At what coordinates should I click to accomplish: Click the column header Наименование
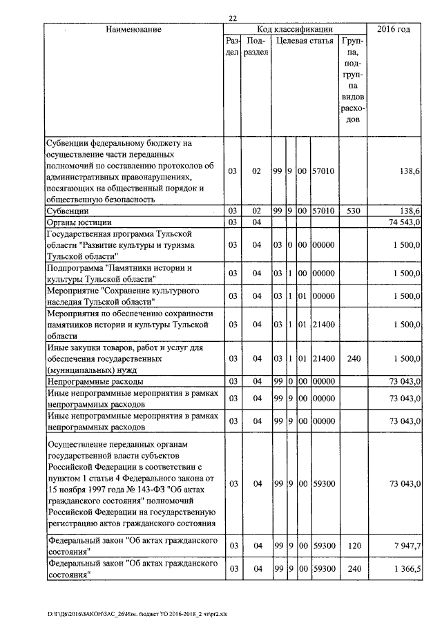coord(134,29)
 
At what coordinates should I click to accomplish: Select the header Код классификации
coord(295,29)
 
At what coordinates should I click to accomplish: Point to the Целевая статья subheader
coord(305,41)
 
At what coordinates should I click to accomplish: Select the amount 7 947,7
coord(405,546)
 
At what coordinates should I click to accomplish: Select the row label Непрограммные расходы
coord(94,381)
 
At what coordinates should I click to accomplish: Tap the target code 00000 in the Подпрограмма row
coord(323,273)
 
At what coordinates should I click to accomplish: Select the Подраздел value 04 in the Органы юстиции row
coord(256,222)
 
